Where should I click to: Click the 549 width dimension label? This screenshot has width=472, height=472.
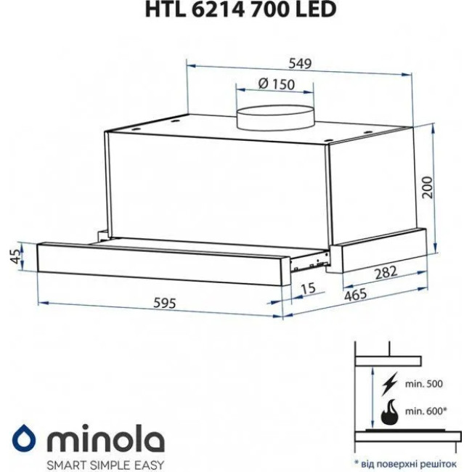coord(300,63)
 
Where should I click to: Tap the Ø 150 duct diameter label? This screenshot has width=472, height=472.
coord(277,84)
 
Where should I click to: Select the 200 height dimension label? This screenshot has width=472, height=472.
coord(427,187)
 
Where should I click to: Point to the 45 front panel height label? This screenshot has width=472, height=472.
coord(17,256)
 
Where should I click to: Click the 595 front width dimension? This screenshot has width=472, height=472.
coord(164,303)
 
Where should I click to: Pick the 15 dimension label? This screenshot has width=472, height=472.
coord(308,288)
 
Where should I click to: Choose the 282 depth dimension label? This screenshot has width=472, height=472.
coord(386,273)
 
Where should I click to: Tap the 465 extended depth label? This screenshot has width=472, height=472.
coord(356,294)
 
